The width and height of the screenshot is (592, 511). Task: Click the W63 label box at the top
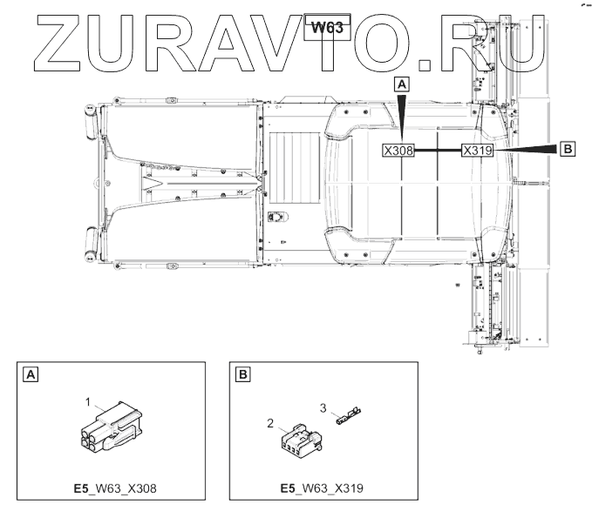(327, 28)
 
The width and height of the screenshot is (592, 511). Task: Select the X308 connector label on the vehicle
(398, 151)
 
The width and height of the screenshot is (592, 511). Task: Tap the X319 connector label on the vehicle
(478, 151)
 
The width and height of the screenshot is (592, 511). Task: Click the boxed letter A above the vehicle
(402, 84)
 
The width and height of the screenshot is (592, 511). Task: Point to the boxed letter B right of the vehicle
(568, 149)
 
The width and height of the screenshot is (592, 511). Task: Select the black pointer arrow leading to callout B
(525, 149)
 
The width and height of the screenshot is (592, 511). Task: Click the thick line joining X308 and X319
(438, 151)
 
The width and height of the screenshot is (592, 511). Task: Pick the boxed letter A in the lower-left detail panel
(31, 374)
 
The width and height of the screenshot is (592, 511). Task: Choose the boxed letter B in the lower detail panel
(242, 374)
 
